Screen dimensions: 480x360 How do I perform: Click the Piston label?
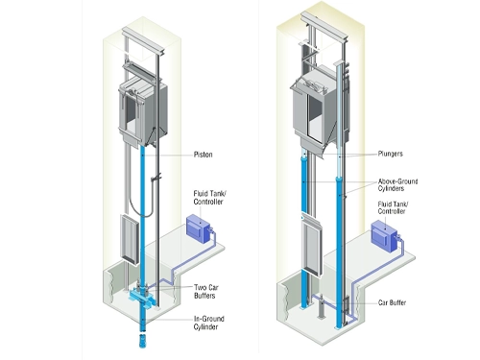[203, 155]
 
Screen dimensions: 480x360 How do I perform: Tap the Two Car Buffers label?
[206, 292]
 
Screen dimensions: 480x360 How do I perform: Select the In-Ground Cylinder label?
[208, 323]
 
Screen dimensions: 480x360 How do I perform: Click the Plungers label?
[390, 154]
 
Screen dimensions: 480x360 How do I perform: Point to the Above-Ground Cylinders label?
[397, 185]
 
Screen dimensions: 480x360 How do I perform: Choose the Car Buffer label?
[392, 302]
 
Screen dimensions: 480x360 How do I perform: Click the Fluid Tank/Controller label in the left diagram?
[209, 198]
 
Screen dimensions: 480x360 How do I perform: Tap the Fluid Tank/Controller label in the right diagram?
[393, 207]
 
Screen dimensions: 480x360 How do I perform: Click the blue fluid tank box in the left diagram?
[198, 228]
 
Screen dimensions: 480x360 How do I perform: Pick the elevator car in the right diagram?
[315, 108]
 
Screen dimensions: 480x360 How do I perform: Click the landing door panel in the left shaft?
[130, 239]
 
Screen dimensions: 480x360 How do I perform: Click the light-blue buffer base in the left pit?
[142, 298]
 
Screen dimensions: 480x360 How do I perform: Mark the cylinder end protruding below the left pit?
[142, 341]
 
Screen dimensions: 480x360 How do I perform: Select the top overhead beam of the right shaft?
[324, 26]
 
